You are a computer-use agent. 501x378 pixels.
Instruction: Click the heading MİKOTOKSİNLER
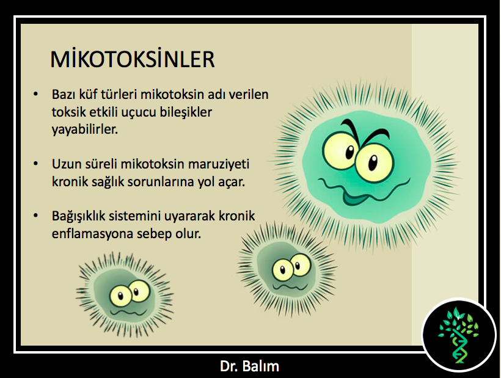pos(133,59)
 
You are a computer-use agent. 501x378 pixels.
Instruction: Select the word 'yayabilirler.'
pos(85,129)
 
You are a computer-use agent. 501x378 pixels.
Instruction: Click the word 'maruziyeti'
pos(219,164)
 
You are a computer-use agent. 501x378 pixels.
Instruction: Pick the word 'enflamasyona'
pos(92,234)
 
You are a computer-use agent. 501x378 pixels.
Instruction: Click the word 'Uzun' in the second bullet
pos(66,164)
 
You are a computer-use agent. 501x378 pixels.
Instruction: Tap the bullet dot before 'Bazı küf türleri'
pos(36,94)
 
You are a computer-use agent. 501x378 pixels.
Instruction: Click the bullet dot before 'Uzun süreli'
pos(36,164)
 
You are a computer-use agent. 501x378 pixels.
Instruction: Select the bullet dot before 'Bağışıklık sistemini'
pos(36,216)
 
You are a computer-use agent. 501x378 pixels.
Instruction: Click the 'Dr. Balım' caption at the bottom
pos(249,366)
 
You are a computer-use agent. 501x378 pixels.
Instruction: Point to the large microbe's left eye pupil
pos(350,152)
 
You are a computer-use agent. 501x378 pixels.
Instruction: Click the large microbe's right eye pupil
pos(373,163)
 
